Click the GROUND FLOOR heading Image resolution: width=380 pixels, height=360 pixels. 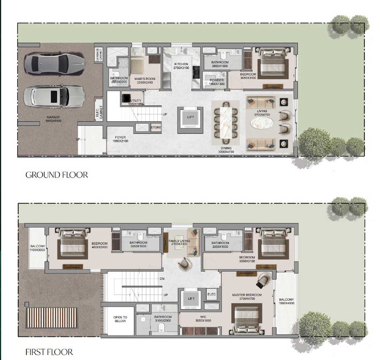[57, 175]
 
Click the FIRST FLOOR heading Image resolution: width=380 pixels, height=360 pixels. [49, 352]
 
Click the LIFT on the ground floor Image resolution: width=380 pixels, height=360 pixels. [190, 118]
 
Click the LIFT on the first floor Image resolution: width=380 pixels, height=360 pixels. [191, 299]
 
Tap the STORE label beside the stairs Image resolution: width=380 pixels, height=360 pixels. [156, 128]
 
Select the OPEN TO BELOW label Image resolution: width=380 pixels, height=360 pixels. [120, 319]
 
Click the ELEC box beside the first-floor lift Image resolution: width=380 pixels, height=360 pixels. [212, 294]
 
